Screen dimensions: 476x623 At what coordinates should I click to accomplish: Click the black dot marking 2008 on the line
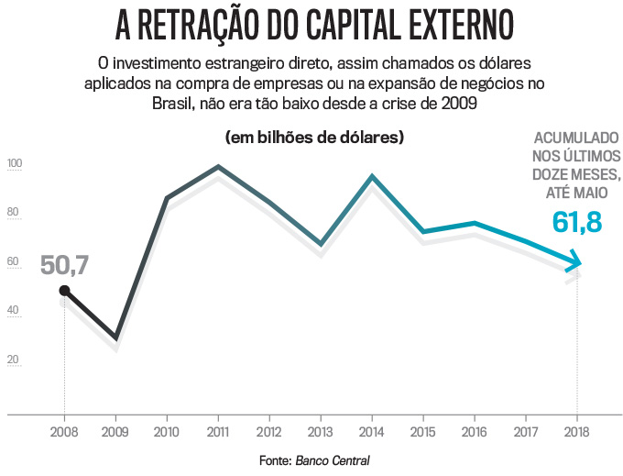pos(64,291)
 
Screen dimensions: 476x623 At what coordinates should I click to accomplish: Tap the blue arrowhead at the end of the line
pos(574,266)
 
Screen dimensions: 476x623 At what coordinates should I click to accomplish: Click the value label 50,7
pos(64,266)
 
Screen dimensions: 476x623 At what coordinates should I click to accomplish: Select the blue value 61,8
pos(577,221)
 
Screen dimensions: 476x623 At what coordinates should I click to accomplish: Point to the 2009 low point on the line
pos(115,338)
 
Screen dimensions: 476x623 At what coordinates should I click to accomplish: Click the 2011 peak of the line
pos(217,167)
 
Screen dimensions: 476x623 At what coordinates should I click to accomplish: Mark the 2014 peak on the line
pos(372,176)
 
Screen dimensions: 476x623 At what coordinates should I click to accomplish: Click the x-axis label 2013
pos(321,431)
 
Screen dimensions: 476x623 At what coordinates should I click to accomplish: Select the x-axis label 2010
pos(167,431)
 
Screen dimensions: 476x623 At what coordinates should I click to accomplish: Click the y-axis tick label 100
pos(15,165)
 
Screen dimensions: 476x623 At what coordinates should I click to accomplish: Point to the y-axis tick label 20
pos(13,360)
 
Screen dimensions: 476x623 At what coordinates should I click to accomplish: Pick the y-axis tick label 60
pos(13,262)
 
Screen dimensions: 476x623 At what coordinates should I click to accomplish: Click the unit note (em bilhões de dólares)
pos(315,138)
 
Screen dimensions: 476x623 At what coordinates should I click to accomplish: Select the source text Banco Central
pos(333,459)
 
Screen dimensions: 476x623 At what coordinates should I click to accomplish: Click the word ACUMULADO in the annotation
pos(576,140)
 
